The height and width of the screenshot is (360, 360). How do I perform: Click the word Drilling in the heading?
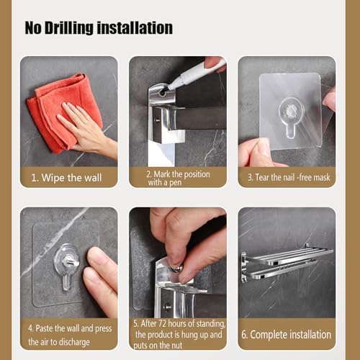click(69, 28)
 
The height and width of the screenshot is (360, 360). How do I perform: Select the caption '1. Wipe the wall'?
click(66, 178)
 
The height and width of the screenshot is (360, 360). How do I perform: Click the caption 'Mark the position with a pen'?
click(178, 178)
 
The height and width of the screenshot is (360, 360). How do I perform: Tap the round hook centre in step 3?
click(291, 111)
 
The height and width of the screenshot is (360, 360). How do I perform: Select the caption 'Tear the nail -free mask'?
click(289, 178)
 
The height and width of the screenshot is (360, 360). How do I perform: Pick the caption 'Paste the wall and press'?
click(70, 328)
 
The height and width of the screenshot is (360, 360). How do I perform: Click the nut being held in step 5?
click(177, 268)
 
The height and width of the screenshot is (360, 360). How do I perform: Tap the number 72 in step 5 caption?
click(162, 323)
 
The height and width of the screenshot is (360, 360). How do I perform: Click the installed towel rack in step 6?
click(287, 261)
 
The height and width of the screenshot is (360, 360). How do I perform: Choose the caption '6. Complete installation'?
click(287, 335)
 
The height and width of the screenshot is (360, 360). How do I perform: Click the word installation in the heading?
click(135, 28)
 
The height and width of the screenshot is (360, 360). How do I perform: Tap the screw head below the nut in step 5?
click(167, 306)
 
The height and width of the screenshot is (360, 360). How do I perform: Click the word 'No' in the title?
click(33, 28)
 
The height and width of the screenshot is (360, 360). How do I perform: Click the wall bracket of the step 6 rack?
click(244, 267)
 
